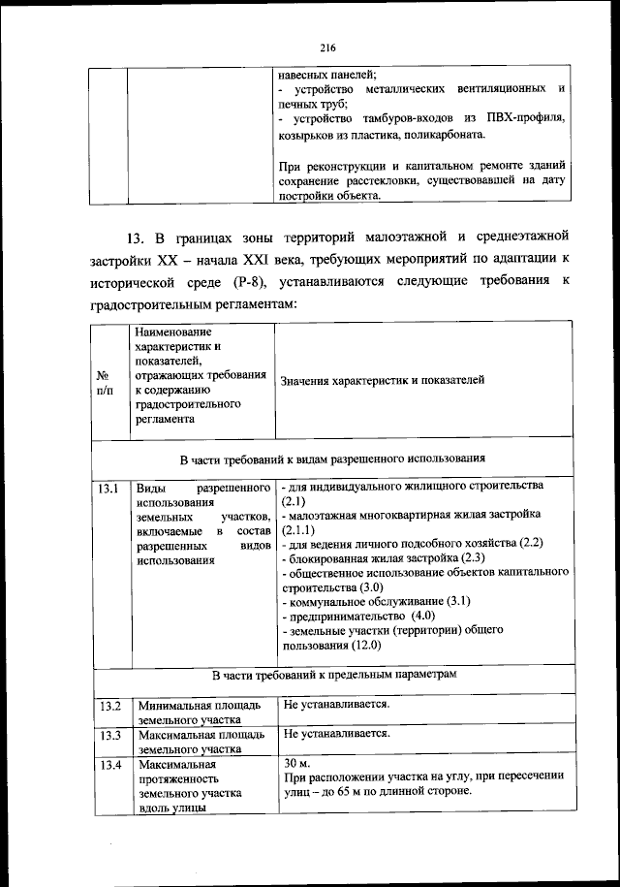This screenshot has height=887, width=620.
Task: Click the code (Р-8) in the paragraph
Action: tap(257, 282)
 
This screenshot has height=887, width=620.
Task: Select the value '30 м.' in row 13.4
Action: tap(297, 764)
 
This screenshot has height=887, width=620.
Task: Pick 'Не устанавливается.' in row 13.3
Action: tap(336, 734)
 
